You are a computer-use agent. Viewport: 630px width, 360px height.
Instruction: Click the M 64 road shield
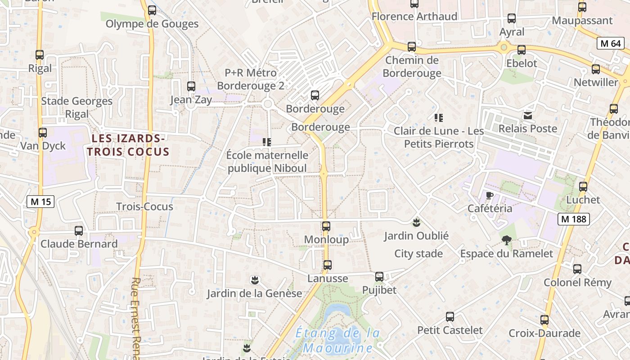point(611,44)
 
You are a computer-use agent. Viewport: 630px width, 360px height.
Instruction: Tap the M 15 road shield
point(41,202)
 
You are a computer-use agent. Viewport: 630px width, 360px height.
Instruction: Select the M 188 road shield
point(573,219)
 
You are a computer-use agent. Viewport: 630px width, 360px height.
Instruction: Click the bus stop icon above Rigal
point(40,55)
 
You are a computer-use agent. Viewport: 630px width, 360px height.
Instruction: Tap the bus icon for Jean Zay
point(191,86)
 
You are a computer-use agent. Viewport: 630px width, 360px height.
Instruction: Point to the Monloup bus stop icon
point(326,226)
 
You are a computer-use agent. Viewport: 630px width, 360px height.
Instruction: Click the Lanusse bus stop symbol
point(328,265)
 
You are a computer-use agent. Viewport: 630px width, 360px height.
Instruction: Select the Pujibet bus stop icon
point(379,276)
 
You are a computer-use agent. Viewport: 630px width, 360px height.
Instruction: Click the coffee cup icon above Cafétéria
point(490,195)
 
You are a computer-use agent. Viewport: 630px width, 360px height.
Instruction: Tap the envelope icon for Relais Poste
point(528,116)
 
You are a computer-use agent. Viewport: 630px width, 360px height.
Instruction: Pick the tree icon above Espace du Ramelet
point(507,240)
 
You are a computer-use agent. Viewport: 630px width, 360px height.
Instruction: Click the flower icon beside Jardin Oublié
point(417,222)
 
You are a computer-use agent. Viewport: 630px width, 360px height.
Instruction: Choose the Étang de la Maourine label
point(337,341)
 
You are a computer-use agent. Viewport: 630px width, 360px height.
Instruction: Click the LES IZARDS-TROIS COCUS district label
point(128,145)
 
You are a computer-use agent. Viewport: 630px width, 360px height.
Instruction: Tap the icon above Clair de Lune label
point(439,118)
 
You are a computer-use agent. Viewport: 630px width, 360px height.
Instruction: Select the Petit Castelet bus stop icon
point(450,316)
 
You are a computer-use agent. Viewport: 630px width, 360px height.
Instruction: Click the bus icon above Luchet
point(583,186)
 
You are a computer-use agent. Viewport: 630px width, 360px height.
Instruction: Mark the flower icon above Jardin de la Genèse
point(255,280)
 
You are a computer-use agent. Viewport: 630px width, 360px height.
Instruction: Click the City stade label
point(418,254)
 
